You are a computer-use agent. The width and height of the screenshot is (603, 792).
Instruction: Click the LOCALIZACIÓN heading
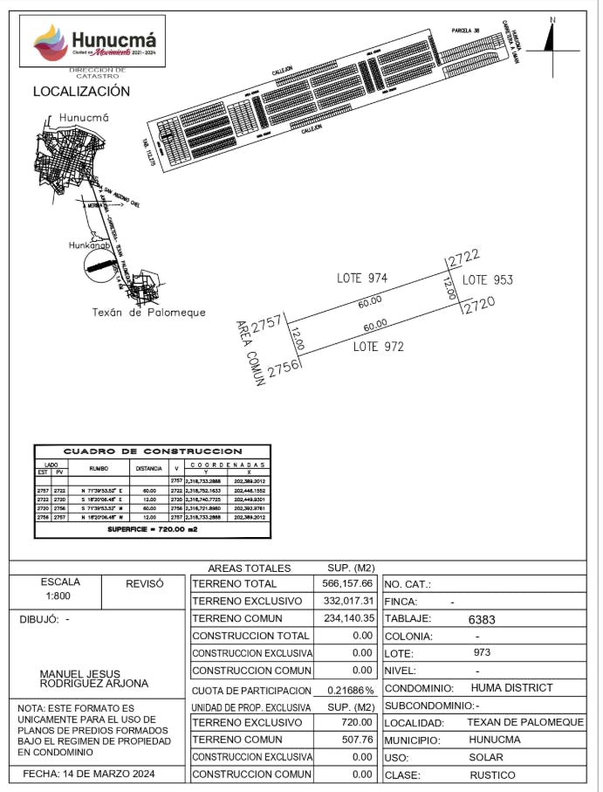[81, 91]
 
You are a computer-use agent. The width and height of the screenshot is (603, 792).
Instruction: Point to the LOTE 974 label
[362, 278]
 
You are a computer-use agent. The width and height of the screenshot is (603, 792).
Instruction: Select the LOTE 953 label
[487, 280]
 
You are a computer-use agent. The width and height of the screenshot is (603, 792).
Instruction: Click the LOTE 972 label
[378, 346]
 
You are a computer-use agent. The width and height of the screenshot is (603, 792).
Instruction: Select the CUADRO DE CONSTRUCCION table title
[153, 451]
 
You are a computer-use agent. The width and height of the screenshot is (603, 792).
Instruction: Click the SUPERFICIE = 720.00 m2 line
[152, 529]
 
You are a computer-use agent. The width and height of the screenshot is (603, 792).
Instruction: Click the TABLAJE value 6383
[482, 619]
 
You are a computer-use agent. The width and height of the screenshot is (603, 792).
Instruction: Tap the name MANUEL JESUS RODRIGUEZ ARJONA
[94, 678]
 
